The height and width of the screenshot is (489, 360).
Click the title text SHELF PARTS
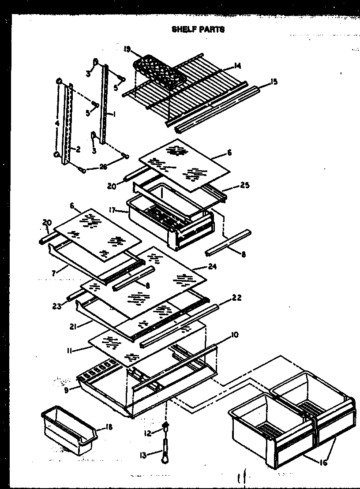tap(198, 30)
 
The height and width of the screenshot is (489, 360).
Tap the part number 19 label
tap(127, 49)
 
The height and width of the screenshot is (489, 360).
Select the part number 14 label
tap(237, 66)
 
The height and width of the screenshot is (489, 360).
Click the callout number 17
tap(112, 211)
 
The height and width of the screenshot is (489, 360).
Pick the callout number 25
tap(245, 185)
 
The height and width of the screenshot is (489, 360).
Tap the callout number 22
tap(236, 299)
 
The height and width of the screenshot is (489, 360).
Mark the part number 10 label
tap(234, 335)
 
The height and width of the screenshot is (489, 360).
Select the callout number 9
tap(66, 390)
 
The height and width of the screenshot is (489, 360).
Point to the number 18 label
tap(109, 427)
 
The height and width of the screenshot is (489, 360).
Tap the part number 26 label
tap(103, 166)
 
